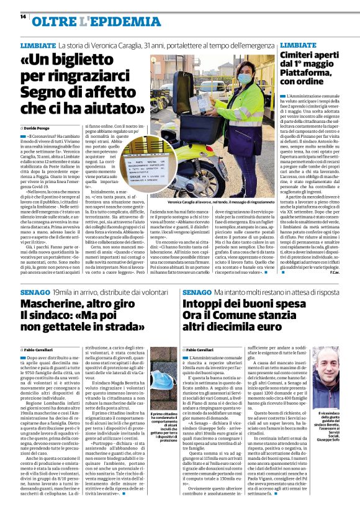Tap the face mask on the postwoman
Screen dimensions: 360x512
click(243, 78)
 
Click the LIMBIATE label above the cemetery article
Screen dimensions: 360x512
click(298, 45)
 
